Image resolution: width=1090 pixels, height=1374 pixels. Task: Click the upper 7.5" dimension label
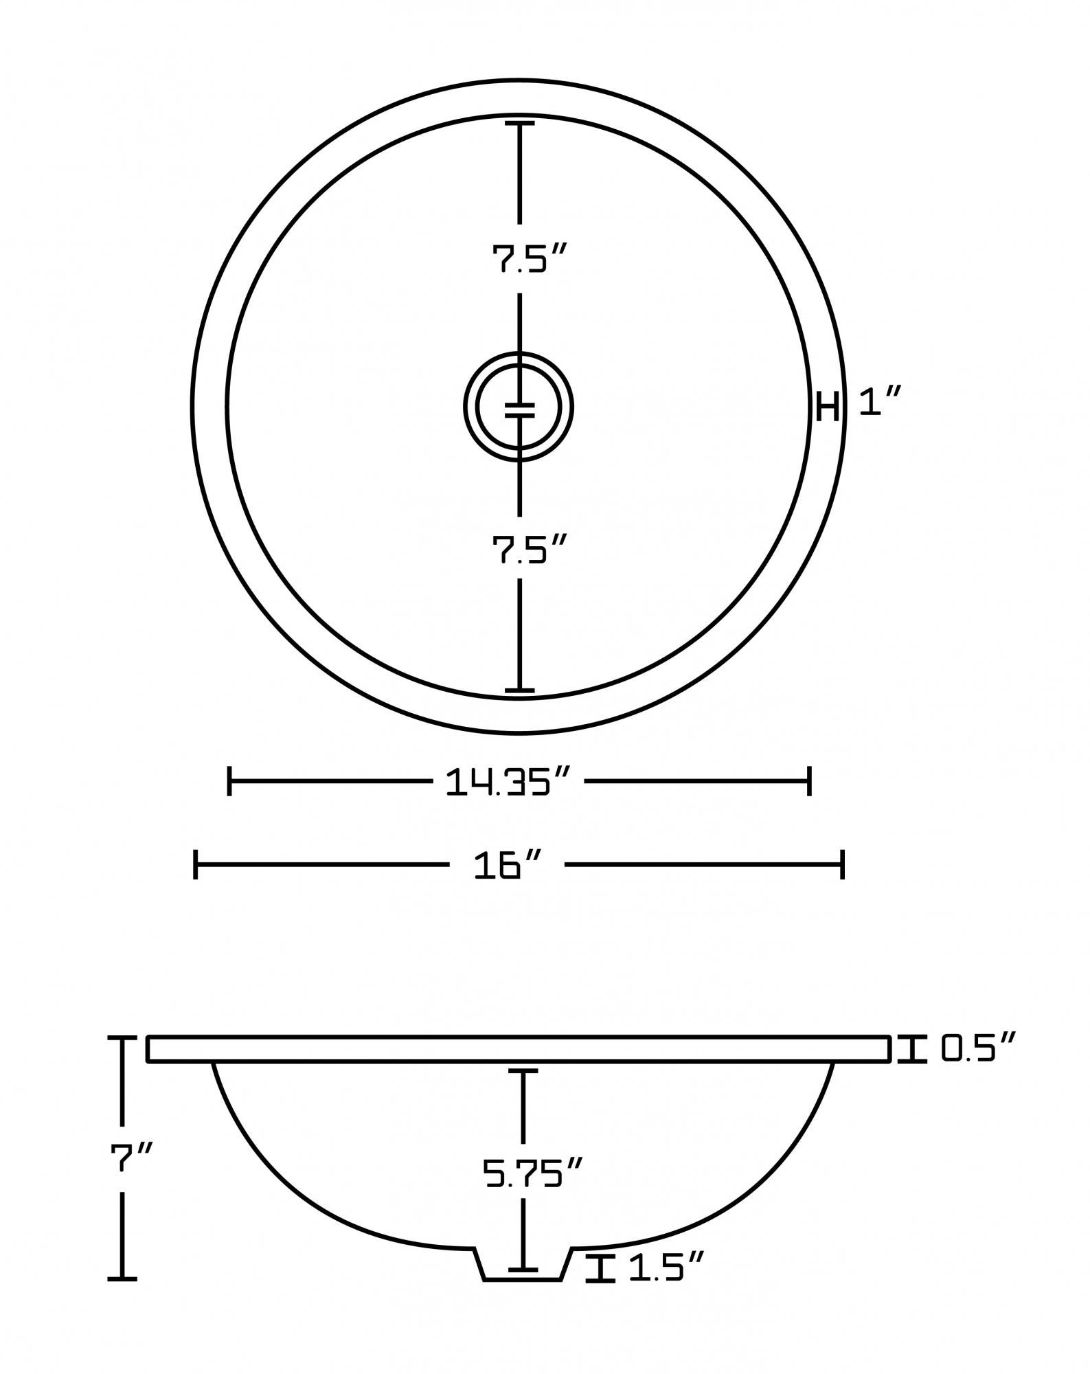pyautogui.click(x=528, y=260)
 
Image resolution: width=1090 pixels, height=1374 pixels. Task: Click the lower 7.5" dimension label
pyautogui.click(x=528, y=550)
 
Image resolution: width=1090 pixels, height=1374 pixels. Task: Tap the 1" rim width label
pyautogui.click(x=879, y=401)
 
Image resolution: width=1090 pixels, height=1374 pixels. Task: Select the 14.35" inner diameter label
pyautogui.click(x=508, y=782)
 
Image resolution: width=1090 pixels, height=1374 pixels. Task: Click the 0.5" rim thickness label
pyautogui.click(x=977, y=1068)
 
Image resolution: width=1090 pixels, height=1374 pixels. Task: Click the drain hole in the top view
pyautogui.click(x=519, y=407)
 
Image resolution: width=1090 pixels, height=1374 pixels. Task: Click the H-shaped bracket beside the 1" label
pyautogui.click(x=828, y=406)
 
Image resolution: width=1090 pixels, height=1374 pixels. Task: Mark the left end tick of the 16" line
pyautogui.click(x=196, y=864)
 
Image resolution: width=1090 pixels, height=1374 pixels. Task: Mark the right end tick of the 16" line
pyautogui.click(x=842, y=864)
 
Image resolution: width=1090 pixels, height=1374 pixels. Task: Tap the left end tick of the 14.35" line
pyautogui.click(x=229, y=782)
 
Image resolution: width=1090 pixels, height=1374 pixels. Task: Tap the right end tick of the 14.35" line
pyautogui.click(x=810, y=782)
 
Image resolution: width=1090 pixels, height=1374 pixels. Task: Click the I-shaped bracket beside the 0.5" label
pyautogui.click(x=912, y=1069)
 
